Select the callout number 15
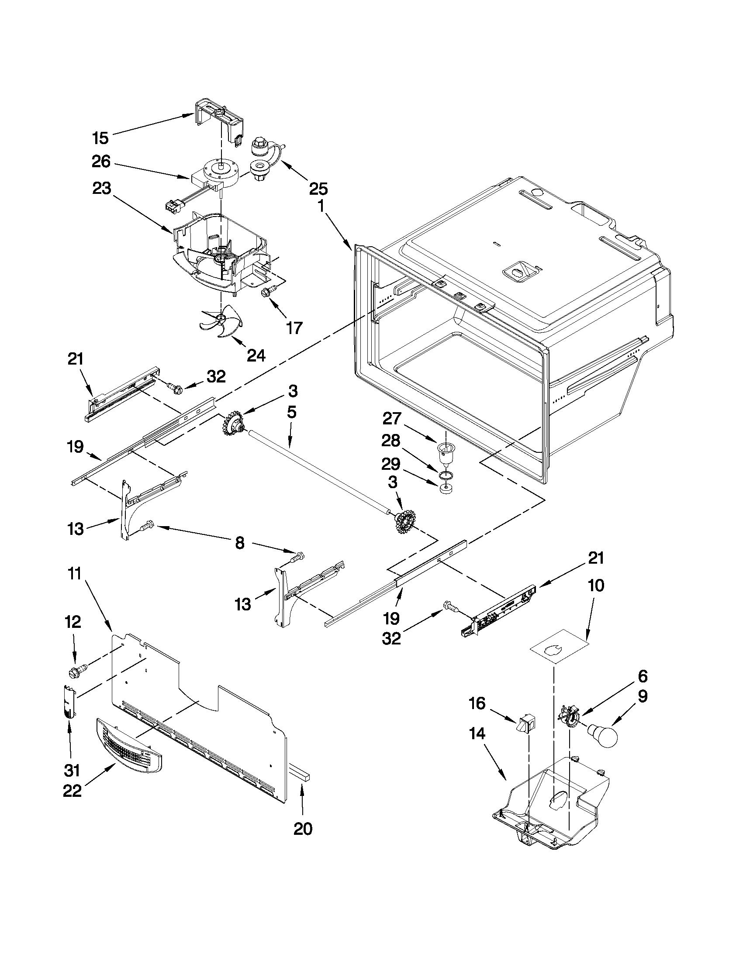pyautogui.click(x=100, y=138)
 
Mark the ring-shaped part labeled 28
pyautogui.click(x=446, y=474)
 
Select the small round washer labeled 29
pyautogui.click(x=446, y=489)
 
